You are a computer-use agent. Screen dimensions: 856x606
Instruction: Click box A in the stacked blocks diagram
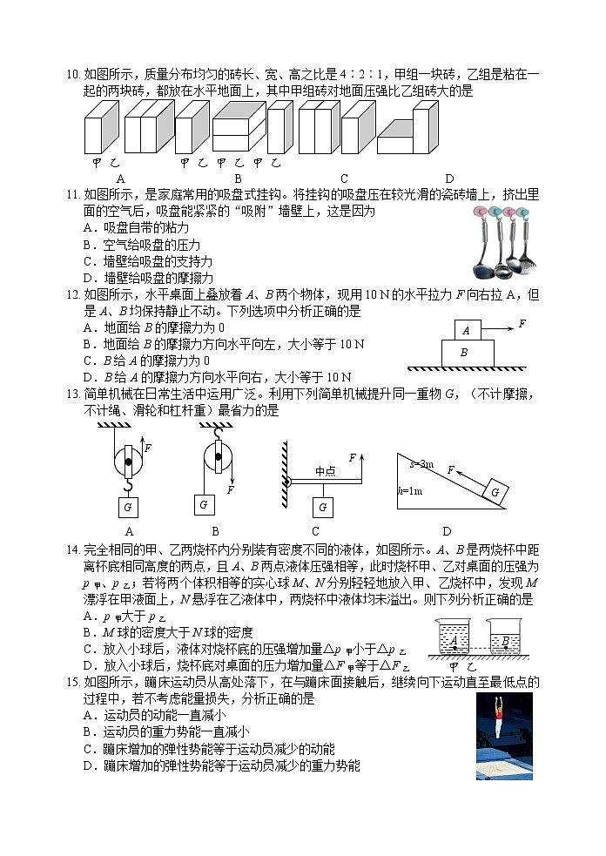click(x=467, y=330)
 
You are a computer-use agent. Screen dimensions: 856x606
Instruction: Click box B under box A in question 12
click(x=463, y=354)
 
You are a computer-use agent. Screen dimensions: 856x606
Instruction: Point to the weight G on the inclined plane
click(x=494, y=492)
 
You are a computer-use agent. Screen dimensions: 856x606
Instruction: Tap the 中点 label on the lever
click(x=326, y=471)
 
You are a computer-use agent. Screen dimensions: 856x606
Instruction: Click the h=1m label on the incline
click(x=409, y=491)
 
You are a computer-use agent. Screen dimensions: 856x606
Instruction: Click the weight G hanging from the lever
click(x=323, y=508)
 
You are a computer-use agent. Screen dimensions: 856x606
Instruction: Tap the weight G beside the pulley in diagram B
click(x=203, y=504)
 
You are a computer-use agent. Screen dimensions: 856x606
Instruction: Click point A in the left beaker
click(x=454, y=641)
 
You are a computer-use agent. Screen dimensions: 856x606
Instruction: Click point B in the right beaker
click(x=504, y=643)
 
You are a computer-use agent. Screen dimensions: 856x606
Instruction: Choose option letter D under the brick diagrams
click(x=448, y=179)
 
